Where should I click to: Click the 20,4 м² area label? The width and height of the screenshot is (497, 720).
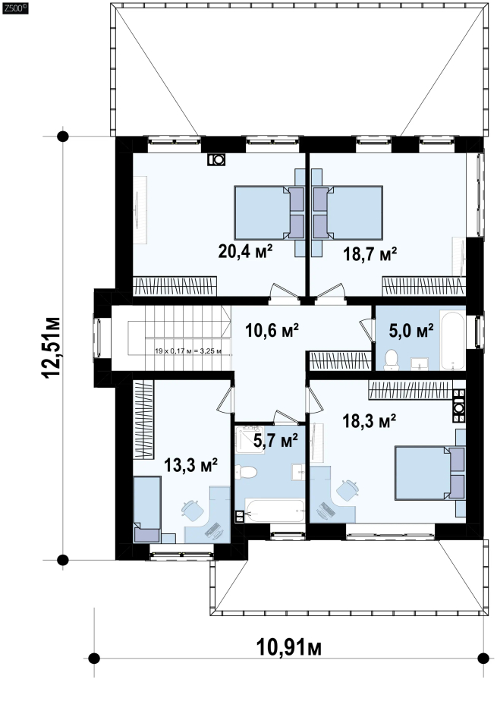(245, 251)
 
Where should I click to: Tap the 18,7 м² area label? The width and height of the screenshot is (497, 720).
(370, 253)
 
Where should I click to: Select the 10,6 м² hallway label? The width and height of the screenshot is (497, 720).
(272, 330)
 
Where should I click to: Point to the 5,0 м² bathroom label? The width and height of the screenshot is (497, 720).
(411, 330)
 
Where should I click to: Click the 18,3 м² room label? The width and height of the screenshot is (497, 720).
(370, 420)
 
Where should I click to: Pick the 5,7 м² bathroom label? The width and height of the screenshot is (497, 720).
(275, 440)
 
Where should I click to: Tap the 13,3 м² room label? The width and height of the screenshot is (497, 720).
(190, 465)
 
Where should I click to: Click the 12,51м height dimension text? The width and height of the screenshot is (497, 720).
(52, 347)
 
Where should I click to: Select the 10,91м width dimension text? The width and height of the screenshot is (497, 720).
(288, 648)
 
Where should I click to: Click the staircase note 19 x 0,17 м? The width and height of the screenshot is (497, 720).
(188, 351)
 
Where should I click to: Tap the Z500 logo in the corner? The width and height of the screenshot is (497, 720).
(15, 8)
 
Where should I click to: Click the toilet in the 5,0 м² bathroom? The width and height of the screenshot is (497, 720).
(392, 360)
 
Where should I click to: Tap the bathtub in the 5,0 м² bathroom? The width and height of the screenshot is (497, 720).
(452, 340)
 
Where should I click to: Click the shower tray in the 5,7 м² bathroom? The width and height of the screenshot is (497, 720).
(250, 439)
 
